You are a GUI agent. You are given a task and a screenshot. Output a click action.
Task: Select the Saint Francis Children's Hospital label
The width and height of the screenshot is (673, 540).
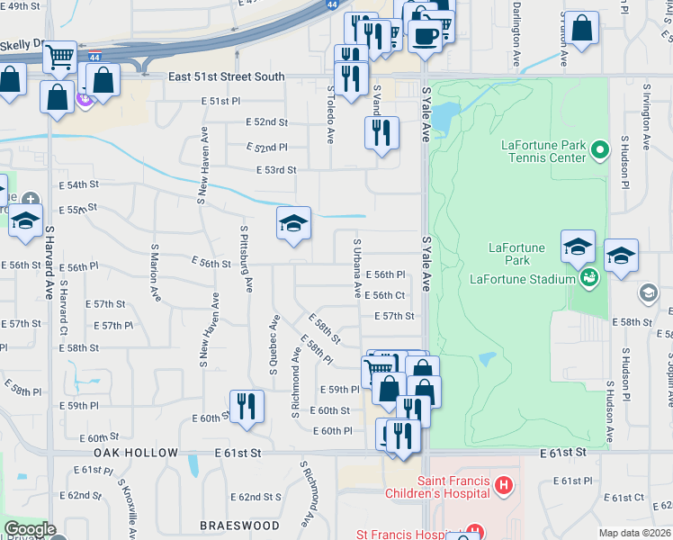point(438,487)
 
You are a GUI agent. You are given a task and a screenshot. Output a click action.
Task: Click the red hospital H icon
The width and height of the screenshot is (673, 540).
point(503,487)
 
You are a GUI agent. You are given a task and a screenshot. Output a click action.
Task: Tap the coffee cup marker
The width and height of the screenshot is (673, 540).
point(424,37)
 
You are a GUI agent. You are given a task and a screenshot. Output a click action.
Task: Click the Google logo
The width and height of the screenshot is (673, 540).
point(30,529)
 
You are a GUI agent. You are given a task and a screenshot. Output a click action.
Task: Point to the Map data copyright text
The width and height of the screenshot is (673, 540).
point(634,533)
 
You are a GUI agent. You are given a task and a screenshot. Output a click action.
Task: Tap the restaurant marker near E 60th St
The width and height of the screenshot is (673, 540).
point(246,406)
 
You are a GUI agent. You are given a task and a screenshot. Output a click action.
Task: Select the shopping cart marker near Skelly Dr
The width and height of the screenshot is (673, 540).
point(60,57)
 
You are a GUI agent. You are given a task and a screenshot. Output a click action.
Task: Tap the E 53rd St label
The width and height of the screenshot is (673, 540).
point(276,169)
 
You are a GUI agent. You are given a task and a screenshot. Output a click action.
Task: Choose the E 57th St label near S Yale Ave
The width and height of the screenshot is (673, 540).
point(394,316)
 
